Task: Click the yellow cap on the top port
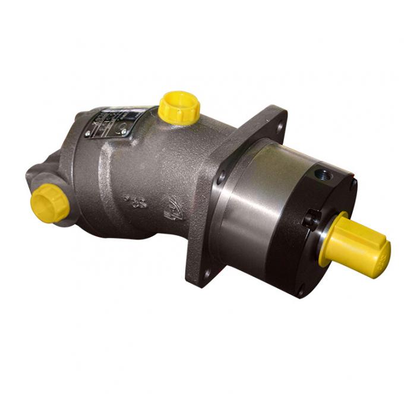(x=179, y=106)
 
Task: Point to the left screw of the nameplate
(x=88, y=135)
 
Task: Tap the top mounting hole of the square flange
(x=280, y=126)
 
